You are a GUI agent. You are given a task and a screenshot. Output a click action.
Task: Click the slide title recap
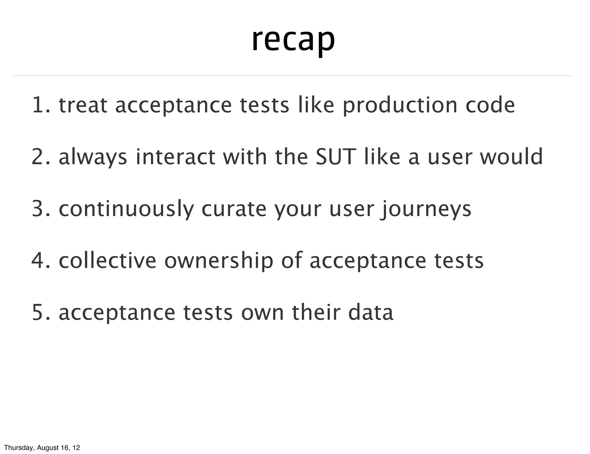[293, 40]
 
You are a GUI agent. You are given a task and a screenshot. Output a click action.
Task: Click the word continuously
[126, 209]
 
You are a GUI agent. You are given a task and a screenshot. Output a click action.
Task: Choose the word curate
[234, 209]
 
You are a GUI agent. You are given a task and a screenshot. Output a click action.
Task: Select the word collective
[107, 260]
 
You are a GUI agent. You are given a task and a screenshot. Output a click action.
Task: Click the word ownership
[219, 261]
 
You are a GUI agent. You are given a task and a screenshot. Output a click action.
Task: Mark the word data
[371, 312]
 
